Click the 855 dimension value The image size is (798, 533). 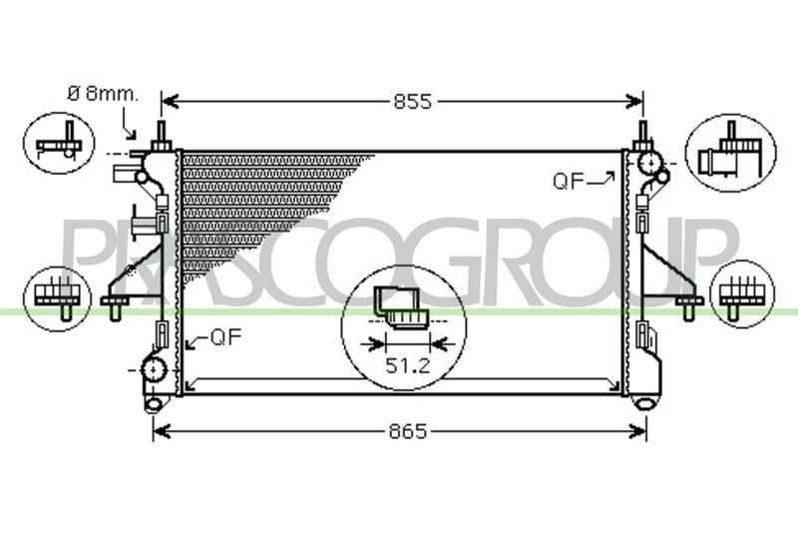(412, 102)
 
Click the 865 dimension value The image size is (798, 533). (408, 432)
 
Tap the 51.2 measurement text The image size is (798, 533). (408, 365)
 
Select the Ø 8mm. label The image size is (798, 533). (103, 94)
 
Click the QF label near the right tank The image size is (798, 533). (568, 182)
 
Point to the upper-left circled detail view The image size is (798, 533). (59, 143)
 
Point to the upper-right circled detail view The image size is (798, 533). (731, 153)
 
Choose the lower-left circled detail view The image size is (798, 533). (58, 298)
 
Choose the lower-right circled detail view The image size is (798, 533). (742, 294)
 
